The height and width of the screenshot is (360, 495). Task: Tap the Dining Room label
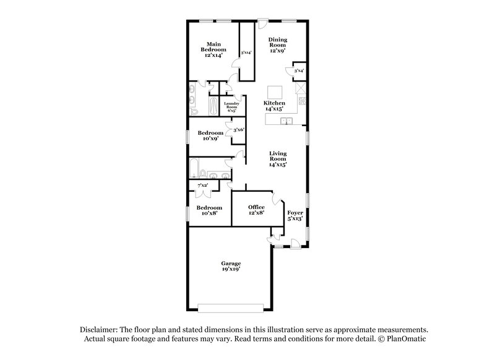277,46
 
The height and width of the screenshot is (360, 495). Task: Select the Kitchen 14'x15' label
274,106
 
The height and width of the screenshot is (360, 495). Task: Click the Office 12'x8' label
256,210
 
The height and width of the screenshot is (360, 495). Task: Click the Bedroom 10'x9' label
210,135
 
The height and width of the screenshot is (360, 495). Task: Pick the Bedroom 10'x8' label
209,210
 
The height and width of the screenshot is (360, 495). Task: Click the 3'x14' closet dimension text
246,53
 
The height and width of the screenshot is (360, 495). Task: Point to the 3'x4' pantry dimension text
299,71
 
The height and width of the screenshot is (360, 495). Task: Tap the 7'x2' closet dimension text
202,185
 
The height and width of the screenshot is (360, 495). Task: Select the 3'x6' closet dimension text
238,130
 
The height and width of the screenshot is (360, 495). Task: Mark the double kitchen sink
286,121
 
